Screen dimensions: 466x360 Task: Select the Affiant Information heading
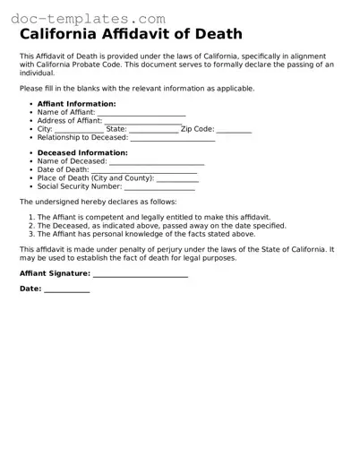[76, 104]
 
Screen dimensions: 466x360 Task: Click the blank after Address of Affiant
[142, 122]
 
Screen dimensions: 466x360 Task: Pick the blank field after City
[84, 131]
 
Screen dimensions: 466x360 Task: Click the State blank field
[153, 131]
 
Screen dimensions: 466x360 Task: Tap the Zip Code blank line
[234, 131]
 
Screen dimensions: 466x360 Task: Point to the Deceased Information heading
[81, 153]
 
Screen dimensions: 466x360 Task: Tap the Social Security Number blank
[159, 187]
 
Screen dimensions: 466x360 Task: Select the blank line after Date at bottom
[67, 290]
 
